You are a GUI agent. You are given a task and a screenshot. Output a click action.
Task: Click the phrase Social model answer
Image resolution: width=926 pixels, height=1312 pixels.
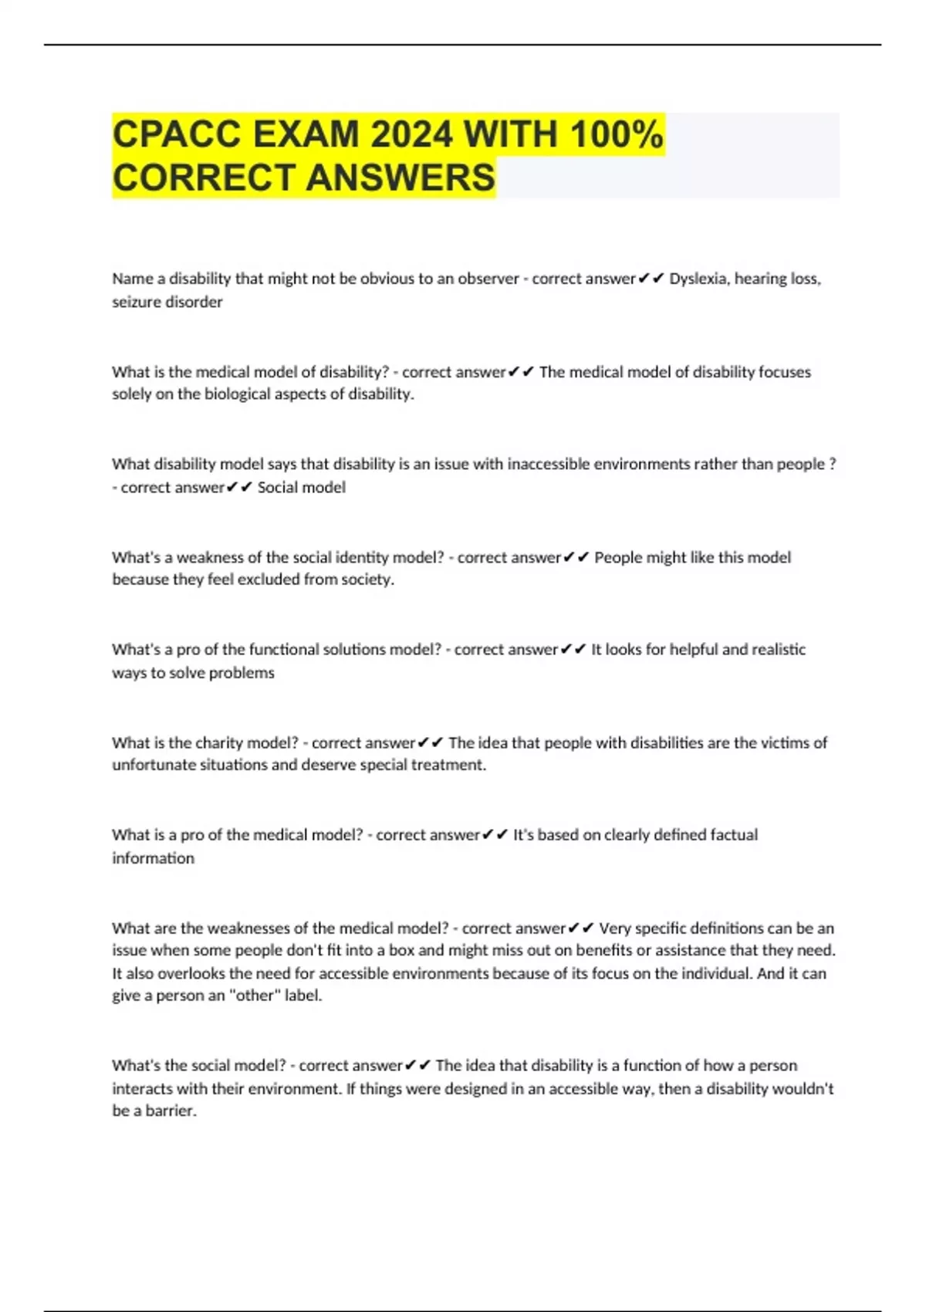pyautogui.click(x=301, y=488)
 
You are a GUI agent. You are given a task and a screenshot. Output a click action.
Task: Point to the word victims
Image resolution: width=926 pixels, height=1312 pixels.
pyautogui.click(x=786, y=743)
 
